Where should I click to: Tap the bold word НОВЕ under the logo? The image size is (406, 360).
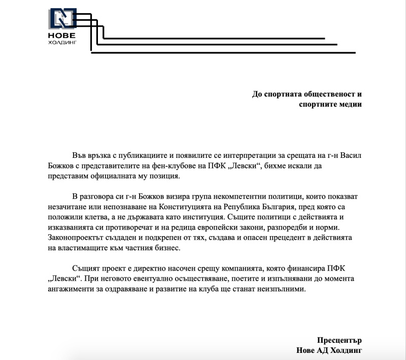click(61, 36)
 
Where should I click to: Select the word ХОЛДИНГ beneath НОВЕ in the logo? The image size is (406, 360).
click(61, 43)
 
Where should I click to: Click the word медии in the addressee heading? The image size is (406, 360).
click(350, 105)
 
